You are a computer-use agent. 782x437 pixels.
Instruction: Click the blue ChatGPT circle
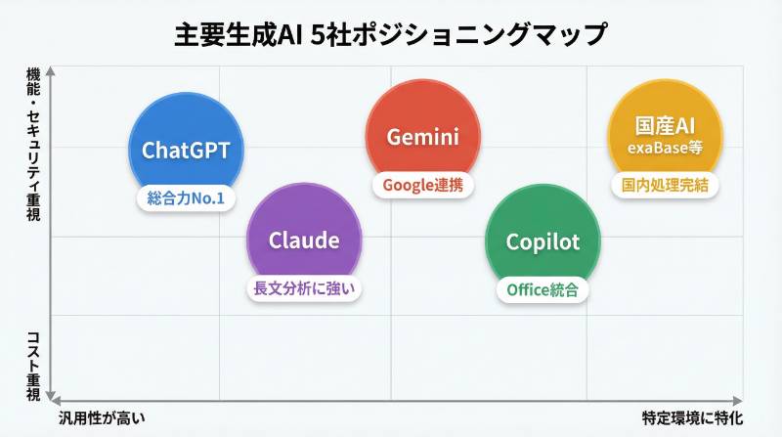pos(186,150)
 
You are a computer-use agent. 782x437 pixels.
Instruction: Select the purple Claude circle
pos(304,240)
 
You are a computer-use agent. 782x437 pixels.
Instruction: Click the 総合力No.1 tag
pos(186,198)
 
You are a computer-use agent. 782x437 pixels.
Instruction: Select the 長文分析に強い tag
pos(304,287)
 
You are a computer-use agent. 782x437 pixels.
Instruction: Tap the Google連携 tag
pos(422,184)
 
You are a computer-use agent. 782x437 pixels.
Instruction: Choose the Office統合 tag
pos(543,289)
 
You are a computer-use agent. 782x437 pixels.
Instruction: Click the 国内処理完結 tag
pos(665,184)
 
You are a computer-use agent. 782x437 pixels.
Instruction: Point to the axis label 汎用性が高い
pos(101,418)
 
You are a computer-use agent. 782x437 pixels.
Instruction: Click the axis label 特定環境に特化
pos(692,418)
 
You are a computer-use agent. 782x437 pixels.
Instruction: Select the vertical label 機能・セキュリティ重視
pos(32,143)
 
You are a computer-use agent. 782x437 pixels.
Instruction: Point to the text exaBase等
pos(665,149)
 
